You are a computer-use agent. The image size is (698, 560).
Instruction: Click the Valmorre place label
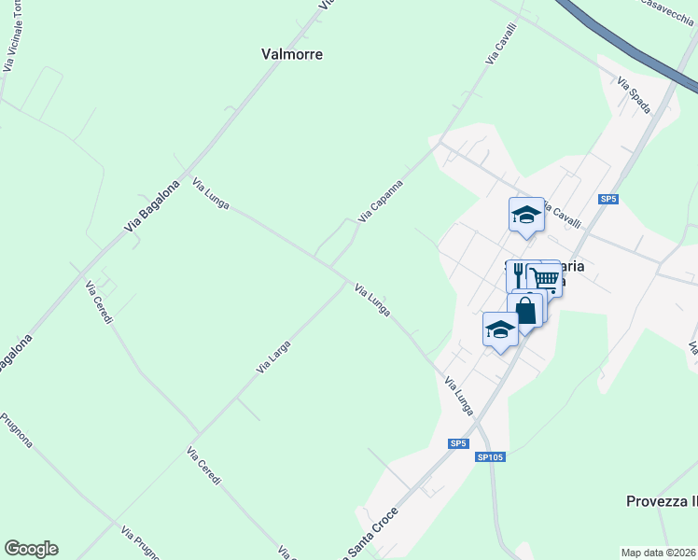coord(291,54)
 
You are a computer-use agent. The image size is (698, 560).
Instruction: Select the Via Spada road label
coord(634,95)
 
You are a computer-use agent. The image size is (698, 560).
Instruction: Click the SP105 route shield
coord(490,456)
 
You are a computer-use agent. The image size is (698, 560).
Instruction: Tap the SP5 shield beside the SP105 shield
coord(457,443)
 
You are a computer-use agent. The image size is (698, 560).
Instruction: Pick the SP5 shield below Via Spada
coord(608,199)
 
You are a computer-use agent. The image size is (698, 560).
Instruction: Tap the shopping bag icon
coord(525,310)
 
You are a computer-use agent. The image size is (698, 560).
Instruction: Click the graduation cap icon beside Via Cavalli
coord(525,215)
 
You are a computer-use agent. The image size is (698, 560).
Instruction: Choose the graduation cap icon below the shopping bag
coord(500,329)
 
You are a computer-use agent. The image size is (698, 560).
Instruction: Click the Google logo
coord(31,549)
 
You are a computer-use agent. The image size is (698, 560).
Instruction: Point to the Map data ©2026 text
coord(659,552)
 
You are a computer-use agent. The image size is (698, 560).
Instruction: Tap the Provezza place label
coord(662,501)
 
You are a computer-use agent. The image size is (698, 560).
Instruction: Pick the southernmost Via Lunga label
coord(458,396)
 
